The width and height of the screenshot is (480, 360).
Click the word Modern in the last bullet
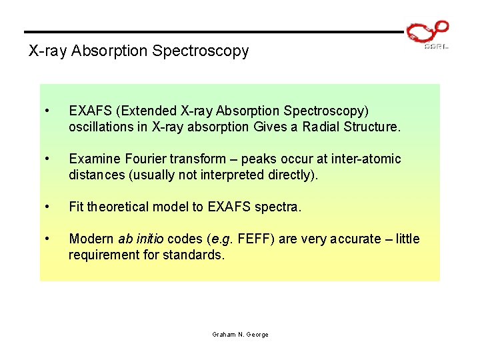coord(91,239)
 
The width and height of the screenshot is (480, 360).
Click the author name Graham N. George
coord(240,334)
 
